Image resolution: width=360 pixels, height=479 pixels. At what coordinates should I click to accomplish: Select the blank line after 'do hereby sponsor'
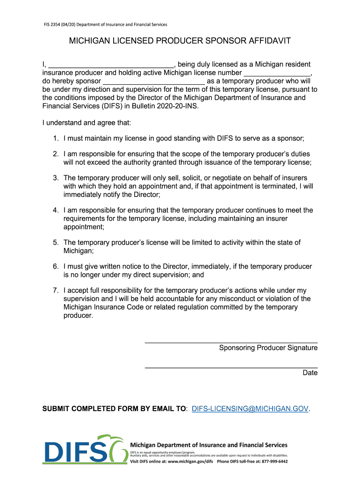pos(153,81)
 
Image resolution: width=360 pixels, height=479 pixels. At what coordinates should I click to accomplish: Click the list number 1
pos(55,138)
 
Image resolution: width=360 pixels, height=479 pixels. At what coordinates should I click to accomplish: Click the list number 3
pos(55,178)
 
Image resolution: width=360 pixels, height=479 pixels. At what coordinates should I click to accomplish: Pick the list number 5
pos(55,242)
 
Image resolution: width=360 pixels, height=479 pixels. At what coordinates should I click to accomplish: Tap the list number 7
pos(55,290)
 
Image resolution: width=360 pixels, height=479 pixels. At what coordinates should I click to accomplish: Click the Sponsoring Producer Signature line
pos(231,342)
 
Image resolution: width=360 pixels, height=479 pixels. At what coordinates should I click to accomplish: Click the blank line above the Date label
pos(231,367)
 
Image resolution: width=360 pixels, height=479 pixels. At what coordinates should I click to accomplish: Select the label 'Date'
pos(310,373)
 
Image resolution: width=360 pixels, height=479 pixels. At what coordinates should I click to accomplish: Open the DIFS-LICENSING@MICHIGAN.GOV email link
pos(250,409)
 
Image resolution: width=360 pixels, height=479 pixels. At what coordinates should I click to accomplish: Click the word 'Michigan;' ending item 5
pos(79,251)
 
